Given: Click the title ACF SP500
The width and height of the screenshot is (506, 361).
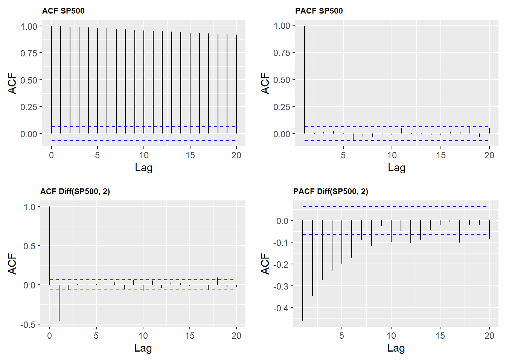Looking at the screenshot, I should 63,11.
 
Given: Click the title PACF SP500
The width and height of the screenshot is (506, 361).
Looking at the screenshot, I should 319,11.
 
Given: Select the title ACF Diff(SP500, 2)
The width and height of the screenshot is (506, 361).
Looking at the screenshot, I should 75,191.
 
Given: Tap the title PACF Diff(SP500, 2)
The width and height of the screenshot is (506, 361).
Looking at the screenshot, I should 331,191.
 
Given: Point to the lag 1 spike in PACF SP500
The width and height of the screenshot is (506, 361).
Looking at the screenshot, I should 305,79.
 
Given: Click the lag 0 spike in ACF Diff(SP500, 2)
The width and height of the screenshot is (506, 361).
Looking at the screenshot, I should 50,244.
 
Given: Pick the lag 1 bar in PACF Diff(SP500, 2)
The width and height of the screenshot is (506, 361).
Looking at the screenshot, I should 303,271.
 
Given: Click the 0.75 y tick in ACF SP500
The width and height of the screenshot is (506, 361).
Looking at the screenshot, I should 29,53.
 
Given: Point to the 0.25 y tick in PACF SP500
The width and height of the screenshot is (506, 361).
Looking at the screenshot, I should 282,107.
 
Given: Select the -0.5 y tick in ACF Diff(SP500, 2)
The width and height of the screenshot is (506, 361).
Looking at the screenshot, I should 28,325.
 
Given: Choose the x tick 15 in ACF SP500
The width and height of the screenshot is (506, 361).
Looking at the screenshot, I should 190,155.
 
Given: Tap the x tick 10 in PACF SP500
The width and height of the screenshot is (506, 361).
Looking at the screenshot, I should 392,155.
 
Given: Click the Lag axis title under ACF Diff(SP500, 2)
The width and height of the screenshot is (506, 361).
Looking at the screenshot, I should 143,348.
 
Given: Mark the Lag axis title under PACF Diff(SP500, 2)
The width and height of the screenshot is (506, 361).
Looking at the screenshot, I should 396,348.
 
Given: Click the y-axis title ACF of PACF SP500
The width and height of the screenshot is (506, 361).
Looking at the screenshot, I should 265,83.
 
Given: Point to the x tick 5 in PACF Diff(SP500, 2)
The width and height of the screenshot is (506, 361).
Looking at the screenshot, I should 342,336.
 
